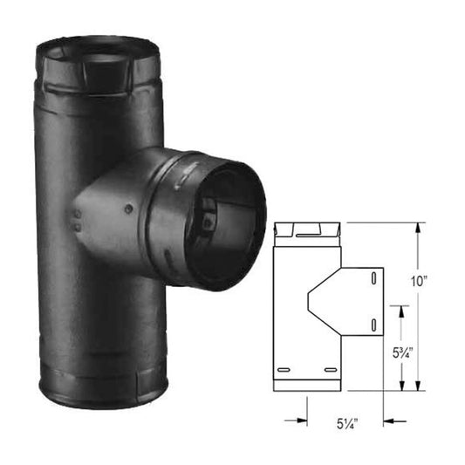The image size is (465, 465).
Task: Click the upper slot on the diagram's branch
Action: click(373, 278)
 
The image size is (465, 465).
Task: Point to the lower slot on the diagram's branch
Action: click(373, 325)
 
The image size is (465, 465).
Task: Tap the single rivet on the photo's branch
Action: click(127, 208)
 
